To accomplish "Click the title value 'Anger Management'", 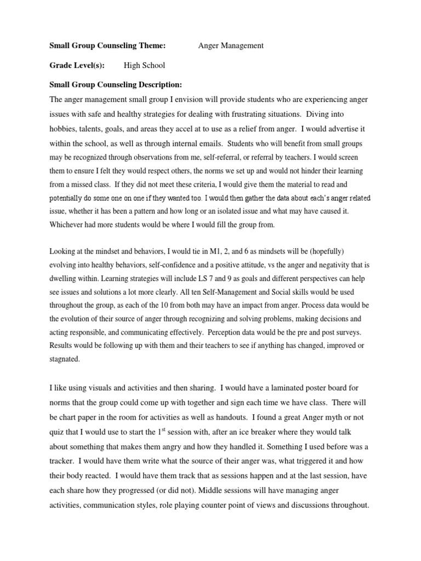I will click(x=230, y=46).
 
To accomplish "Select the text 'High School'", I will click(x=144, y=66).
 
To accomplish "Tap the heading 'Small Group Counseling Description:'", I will click(x=115, y=85).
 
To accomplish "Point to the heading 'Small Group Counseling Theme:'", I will click(x=107, y=46).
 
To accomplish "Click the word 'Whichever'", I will click(x=68, y=225).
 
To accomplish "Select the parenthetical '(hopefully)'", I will click(x=324, y=251).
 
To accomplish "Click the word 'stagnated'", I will click(x=65, y=359).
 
